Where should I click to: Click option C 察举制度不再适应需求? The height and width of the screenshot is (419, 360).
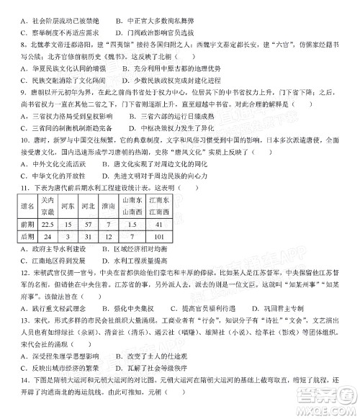tap(65, 32)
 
